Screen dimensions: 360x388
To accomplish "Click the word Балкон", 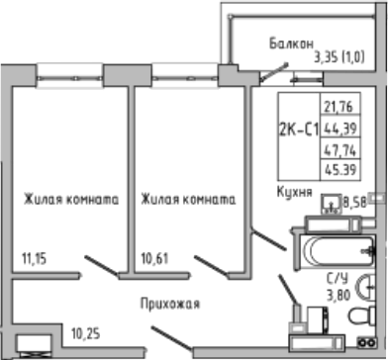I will coord(291,44).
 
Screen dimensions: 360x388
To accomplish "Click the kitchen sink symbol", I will coord(329,205).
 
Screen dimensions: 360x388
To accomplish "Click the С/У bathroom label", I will coord(337,280).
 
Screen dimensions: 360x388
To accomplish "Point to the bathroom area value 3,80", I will coord(338,294).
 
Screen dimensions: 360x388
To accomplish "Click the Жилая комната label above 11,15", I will coord(66,198).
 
